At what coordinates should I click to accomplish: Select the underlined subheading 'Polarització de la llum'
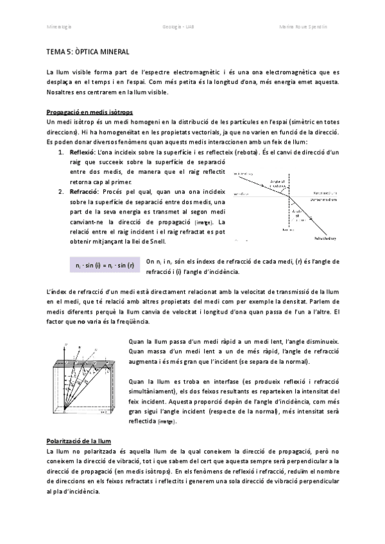point(79,441)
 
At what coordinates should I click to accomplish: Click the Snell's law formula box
point(104,266)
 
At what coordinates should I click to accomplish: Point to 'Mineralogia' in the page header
point(60,27)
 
